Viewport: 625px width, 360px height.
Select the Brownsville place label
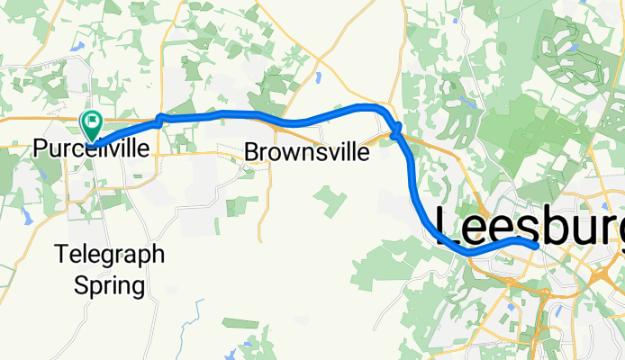[x=306, y=153]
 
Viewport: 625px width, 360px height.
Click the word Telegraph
[x=110, y=255]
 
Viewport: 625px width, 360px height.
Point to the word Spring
[x=110, y=286]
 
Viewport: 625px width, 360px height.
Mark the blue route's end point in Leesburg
[x=536, y=244]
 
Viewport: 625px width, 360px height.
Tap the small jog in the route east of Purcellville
[x=160, y=120]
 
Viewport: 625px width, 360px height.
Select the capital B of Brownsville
[x=251, y=153]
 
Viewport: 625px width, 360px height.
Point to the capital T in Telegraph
[x=60, y=255]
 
